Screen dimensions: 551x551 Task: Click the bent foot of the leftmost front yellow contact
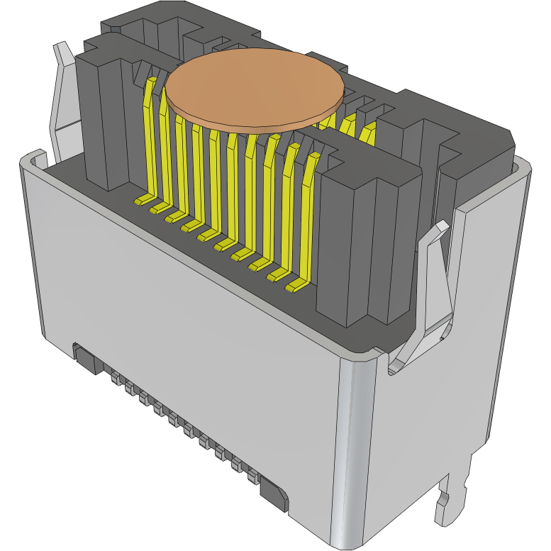click(144, 200)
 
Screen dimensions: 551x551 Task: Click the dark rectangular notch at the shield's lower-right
click(274, 494)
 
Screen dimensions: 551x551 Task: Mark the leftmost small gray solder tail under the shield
click(114, 379)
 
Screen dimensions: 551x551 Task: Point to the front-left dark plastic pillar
click(103, 121)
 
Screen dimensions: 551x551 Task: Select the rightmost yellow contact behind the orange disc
click(367, 133)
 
